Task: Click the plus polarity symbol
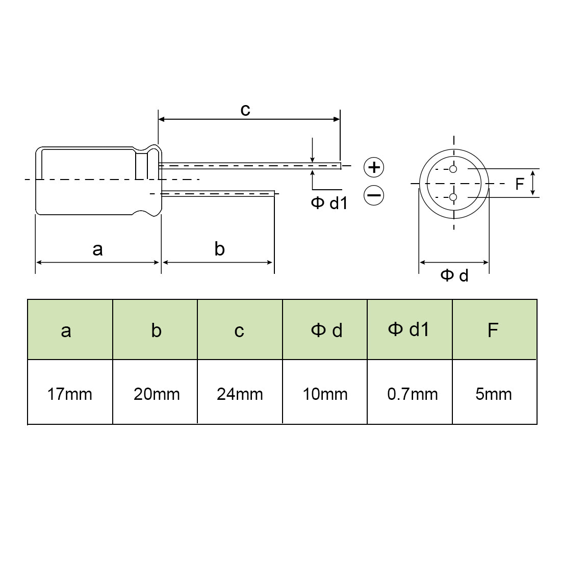click(374, 167)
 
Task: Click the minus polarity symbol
click(374, 195)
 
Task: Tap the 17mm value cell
click(70, 394)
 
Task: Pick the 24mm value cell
click(240, 394)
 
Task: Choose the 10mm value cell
click(325, 394)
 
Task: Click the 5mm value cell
click(494, 394)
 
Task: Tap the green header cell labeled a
click(70, 330)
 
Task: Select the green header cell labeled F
click(494, 330)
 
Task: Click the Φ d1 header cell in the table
click(410, 329)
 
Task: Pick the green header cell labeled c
click(240, 330)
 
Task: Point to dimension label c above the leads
click(245, 109)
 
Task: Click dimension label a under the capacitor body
click(97, 249)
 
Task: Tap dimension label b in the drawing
click(219, 249)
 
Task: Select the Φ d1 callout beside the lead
click(329, 203)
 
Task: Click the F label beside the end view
click(519, 184)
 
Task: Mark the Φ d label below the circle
click(454, 276)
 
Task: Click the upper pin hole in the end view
click(453, 169)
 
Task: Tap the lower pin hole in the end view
click(453, 197)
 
